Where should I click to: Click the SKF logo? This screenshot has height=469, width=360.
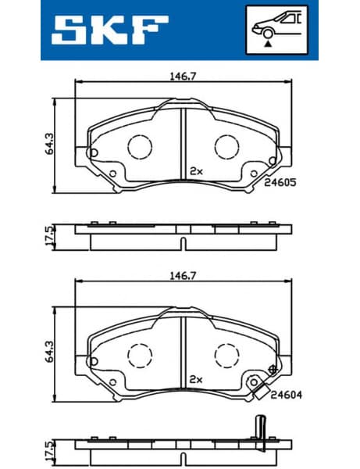[x=110, y=30]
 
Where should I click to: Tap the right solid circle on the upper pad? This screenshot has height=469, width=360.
[x=227, y=146]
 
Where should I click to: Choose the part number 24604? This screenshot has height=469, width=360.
[x=287, y=395]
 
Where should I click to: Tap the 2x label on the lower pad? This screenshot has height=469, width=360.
[x=196, y=379]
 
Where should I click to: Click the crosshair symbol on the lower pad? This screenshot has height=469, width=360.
[x=273, y=368]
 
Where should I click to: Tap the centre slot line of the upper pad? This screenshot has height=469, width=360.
[x=181, y=141]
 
